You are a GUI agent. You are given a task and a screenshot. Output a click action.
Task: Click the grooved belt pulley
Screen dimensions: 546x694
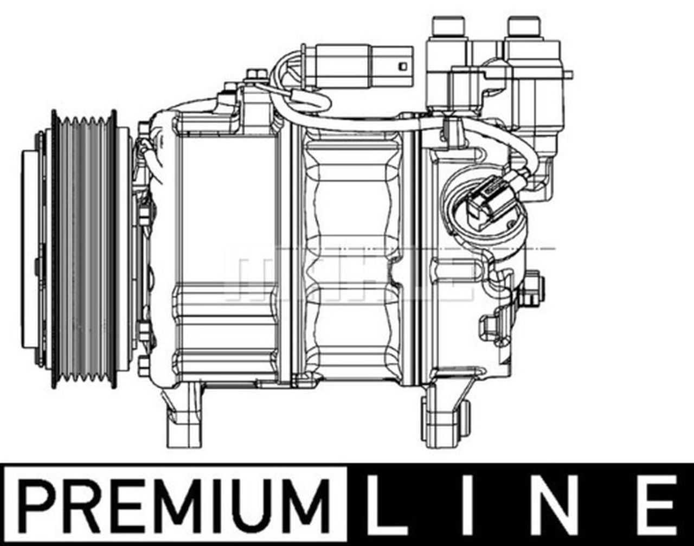coord(84,249)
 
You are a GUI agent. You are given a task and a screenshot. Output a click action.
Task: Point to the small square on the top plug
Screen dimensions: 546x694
coord(402,66)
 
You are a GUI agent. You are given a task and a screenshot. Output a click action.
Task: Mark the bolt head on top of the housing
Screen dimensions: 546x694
coord(256,75)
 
